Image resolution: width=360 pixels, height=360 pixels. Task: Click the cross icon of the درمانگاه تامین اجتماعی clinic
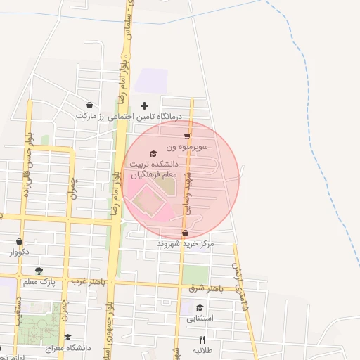click(x=145, y=106)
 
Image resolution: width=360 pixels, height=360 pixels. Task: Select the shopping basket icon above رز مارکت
click(x=89, y=105)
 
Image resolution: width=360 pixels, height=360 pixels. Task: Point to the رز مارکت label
click(x=89, y=116)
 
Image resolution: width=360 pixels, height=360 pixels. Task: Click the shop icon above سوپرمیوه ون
click(x=187, y=136)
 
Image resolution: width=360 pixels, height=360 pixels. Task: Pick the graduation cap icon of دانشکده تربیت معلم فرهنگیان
click(x=153, y=153)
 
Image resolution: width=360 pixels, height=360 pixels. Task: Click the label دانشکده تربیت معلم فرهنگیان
click(x=153, y=169)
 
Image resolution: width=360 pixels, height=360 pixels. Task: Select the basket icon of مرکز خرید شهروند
click(x=185, y=233)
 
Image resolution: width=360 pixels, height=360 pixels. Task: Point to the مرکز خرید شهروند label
click(x=185, y=244)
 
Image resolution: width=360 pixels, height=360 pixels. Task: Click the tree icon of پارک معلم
click(x=39, y=271)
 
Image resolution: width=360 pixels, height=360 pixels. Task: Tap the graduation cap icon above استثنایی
click(x=200, y=308)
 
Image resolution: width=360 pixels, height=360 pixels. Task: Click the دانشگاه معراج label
click(x=69, y=348)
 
